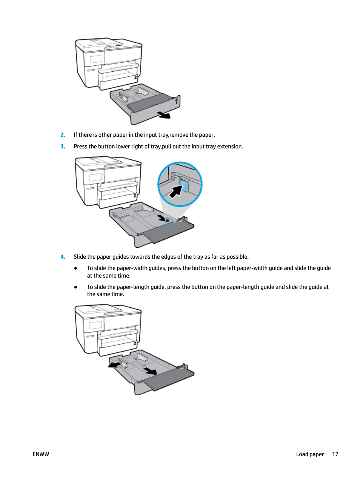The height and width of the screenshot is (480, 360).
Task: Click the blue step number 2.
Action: pyautogui.click(x=63, y=135)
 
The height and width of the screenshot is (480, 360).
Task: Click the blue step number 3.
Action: pyautogui.click(x=63, y=146)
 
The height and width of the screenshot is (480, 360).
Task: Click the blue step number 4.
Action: pyautogui.click(x=63, y=256)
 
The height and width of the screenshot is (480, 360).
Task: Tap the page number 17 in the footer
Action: pyautogui.click(x=335, y=454)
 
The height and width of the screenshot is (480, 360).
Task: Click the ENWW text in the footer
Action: pyautogui.click(x=41, y=454)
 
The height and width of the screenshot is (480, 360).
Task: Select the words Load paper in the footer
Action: pyautogui.click(x=310, y=454)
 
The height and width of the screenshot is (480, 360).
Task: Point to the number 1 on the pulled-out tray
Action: pyautogui.click(x=177, y=101)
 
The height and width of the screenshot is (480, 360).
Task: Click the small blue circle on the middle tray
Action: pyautogui.click(x=169, y=222)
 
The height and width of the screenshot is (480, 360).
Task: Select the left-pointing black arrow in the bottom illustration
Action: pyautogui.click(x=114, y=364)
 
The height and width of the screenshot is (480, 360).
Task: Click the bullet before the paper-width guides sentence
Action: pyautogui.click(x=76, y=268)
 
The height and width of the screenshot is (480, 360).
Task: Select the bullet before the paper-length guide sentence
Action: pyautogui.click(x=76, y=287)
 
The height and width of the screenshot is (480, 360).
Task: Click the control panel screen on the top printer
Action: pyautogui.click(x=96, y=59)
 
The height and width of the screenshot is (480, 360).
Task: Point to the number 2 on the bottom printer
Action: pyautogui.click(x=135, y=344)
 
